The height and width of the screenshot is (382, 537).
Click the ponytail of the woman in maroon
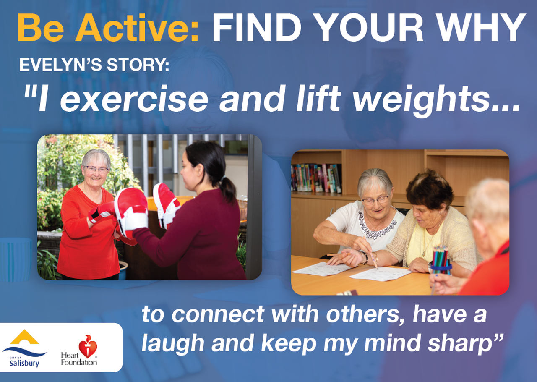pos(227,190)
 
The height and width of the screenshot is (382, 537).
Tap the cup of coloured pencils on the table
pos(441,260)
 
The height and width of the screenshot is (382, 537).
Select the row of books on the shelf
pos(316,178)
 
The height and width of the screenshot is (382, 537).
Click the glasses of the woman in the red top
pos(97,170)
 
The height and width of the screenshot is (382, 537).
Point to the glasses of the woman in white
pos(375,200)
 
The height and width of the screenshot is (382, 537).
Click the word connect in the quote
pos(218,315)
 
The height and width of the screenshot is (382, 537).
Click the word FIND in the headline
pos(256,28)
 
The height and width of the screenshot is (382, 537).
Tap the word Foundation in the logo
pos(79,362)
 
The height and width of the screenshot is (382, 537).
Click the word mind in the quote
pos(394,343)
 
